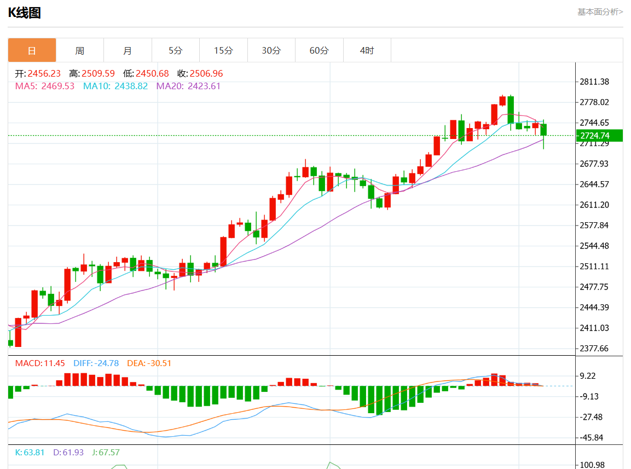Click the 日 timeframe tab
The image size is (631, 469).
[32, 50]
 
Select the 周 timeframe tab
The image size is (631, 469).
[80, 50]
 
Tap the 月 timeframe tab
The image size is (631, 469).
[128, 50]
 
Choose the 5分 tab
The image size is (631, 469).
[176, 50]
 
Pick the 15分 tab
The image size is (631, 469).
[223, 50]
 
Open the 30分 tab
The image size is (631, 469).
[271, 50]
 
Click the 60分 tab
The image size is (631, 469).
[319, 50]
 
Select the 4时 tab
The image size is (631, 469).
[367, 50]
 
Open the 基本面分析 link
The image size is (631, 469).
[600, 11]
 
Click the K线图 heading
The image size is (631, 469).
[25, 13]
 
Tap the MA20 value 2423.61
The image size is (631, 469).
[204, 86]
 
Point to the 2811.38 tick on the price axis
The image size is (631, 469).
[595, 82]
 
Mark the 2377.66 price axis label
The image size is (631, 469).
[595, 349]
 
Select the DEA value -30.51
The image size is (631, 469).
[158, 363]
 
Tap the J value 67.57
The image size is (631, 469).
[107, 453]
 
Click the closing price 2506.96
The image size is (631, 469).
[206, 73]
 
